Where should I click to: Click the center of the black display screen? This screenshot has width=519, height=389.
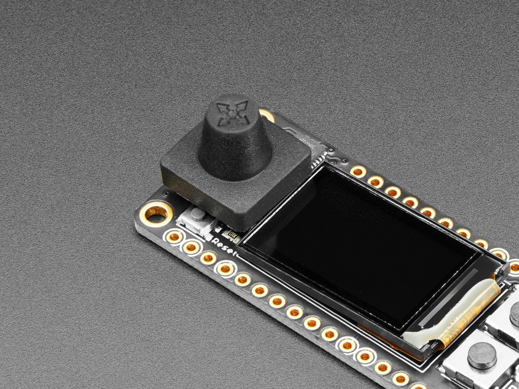359,246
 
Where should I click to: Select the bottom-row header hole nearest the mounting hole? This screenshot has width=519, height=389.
174,236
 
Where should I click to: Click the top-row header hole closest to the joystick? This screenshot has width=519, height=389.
358,172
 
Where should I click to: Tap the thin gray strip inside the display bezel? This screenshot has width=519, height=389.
450,298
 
